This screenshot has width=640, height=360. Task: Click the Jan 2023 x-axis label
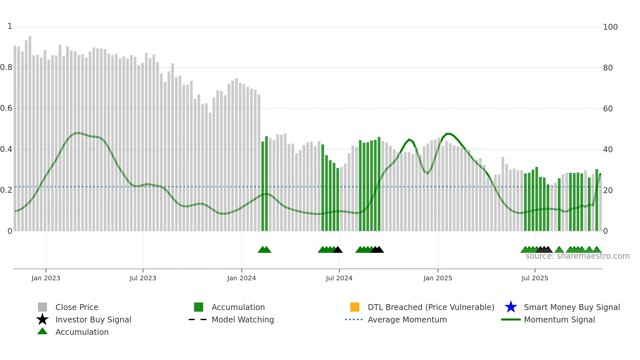coord(46,278)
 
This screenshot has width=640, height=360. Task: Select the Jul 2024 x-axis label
coord(339,278)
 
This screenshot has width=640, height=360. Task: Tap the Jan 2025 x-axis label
coord(438,278)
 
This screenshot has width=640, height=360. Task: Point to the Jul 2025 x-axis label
coord(535,278)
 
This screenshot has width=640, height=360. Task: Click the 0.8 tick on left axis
coord(6,67)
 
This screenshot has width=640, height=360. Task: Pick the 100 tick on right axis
coord(610,27)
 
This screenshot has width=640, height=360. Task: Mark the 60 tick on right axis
coord(608,108)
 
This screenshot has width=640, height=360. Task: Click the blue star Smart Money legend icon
coord(511,307)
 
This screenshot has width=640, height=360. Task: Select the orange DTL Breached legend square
coord(355,307)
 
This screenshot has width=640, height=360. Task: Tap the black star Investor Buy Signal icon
coord(42,319)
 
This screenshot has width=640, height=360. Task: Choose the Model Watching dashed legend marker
coord(198,319)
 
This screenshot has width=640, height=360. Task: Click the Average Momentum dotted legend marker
coord(354,319)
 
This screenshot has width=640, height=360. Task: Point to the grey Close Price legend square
coord(42,307)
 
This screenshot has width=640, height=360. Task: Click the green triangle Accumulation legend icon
coord(42,331)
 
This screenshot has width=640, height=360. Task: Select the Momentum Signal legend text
coord(559,319)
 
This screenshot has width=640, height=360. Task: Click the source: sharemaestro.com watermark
coord(577,256)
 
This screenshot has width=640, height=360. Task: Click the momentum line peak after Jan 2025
coord(449,134)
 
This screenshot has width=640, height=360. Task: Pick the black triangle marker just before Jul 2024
coord(338,250)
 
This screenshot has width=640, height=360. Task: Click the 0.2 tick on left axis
coord(6,190)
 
